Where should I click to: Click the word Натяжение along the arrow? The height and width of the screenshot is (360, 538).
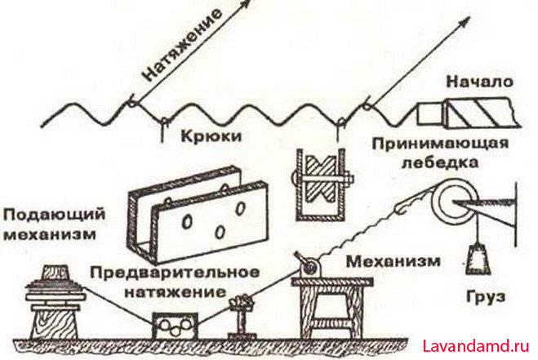tap(183, 45)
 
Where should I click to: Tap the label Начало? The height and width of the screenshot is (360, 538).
tap(480, 82)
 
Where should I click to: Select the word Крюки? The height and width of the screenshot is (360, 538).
tap(211, 136)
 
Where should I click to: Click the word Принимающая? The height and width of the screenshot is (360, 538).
tap(440, 144)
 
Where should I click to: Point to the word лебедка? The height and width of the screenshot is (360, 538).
tap(440, 162)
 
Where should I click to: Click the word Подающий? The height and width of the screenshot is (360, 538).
tap(54, 216)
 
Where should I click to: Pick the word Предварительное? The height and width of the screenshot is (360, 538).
tap(175, 273)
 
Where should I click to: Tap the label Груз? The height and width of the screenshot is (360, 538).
tap(486, 296)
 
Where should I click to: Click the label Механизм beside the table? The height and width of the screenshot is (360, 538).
tap(393, 261)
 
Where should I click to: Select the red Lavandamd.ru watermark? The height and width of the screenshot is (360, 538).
tap(476, 346)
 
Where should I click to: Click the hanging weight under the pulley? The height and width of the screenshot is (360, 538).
tap(478, 257)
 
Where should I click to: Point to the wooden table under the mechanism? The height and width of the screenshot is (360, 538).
tap(331, 308)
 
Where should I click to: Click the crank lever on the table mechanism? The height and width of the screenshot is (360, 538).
tap(301, 260)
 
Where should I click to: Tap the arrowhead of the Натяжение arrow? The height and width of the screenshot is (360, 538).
tap(247, 4)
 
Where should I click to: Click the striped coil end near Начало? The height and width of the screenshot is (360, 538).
tap(480, 113)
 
